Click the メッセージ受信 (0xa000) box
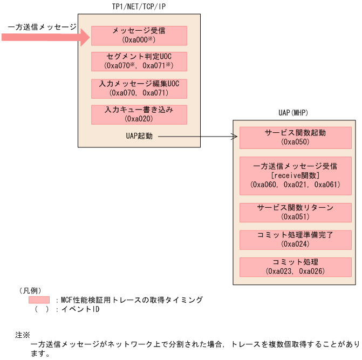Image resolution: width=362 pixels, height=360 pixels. tap(139, 35)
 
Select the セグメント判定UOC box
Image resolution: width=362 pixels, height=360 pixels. tap(139, 61)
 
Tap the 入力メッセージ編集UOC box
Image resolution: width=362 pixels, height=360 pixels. tap(139, 88)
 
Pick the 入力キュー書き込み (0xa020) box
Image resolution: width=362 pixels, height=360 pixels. tap(139, 114)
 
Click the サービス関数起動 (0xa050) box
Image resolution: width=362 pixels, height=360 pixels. tap(295, 137)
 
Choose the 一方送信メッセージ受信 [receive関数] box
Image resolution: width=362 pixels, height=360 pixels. tap(295, 175)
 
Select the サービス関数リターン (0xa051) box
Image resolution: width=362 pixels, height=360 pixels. tap(295, 212)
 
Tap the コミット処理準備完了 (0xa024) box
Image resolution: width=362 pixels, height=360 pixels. tap(295, 240)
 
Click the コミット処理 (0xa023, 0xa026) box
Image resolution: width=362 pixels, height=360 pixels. tap(295, 267)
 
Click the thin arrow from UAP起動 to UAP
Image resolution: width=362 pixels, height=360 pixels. tap(197, 137)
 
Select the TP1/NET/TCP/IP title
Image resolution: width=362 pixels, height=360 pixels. tap(139, 6)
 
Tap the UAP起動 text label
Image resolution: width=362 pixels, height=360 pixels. tap(139, 137)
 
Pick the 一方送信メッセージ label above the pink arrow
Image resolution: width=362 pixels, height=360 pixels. tap(42, 26)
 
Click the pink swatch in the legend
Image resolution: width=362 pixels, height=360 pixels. tap(39, 300)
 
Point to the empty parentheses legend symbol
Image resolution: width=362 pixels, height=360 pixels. tap(39, 310)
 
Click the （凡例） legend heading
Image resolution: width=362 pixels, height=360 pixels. tap(30, 290)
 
